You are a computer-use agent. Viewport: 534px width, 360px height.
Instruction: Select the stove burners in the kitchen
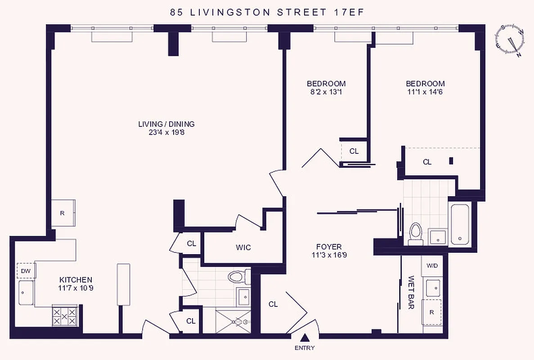(65, 316)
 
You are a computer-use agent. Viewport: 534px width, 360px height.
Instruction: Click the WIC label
(243, 247)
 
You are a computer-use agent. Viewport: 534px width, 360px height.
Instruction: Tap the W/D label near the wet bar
(432, 265)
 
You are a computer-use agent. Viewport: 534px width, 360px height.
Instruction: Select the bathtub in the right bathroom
(460, 225)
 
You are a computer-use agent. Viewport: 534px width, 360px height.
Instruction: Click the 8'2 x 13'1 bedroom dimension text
(326, 92)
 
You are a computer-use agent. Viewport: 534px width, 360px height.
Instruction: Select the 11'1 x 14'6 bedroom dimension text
(425, 92)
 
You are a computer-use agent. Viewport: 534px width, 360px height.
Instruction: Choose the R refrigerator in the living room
(63, 213)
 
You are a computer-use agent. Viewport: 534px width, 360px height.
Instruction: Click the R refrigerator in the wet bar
(431, 311)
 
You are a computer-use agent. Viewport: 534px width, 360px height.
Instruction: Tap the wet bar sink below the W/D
(433, 288)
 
